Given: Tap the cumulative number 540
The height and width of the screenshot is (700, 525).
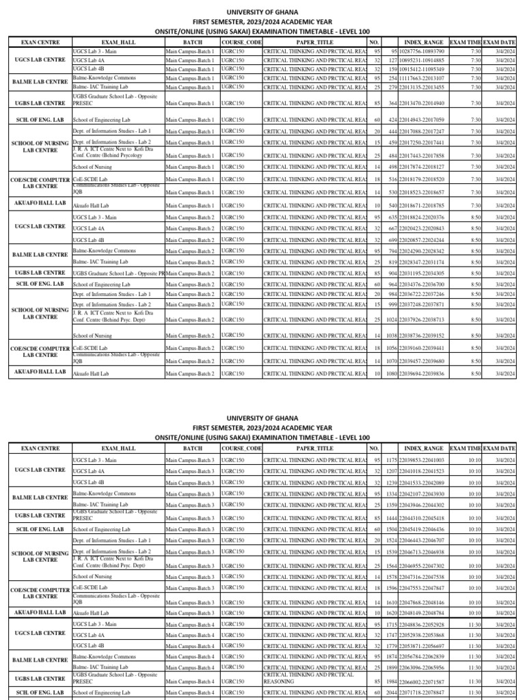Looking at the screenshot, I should click(x=394, y=204).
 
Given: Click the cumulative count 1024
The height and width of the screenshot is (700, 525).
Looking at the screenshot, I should click(x=393, y=319).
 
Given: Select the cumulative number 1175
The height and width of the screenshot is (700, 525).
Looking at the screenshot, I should click(x=393, y=460).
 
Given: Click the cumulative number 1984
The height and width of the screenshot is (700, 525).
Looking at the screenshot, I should click(x=393, y=682).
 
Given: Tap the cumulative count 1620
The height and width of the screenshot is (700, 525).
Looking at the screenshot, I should click(x=393, y=613).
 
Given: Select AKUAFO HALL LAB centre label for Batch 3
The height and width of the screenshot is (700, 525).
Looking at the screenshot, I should click(x=39, y=612).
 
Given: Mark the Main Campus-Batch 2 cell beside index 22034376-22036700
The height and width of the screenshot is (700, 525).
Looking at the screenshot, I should click(x=189, y=284).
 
